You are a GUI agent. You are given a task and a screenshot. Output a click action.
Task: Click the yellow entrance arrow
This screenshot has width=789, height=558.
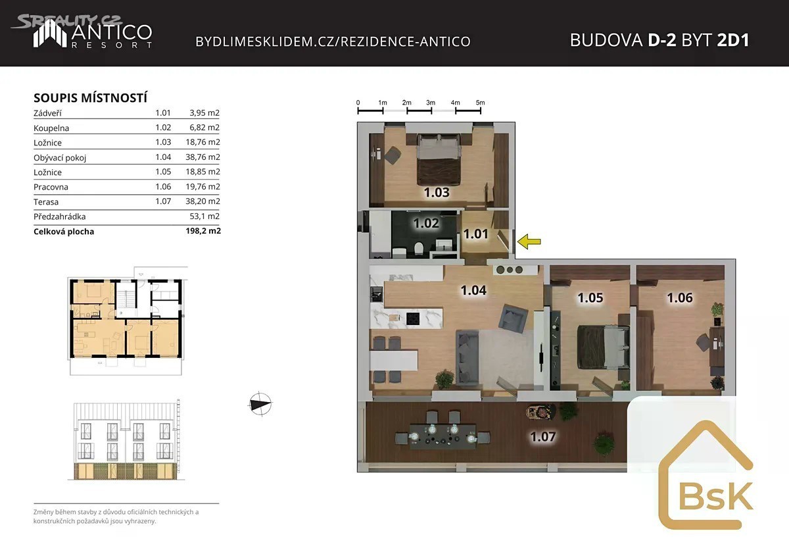click(x=529, y=241)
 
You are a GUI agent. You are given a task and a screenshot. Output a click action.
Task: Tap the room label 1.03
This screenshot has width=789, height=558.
click(x=437, y=192)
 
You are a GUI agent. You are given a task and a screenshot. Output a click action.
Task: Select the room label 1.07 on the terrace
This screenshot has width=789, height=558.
click(x=543, y=437)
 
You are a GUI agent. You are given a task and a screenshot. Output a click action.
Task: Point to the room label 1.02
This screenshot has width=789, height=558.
click(x=426, y=223)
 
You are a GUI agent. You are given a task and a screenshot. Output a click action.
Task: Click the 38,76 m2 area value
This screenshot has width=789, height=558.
click(x=203, y=157)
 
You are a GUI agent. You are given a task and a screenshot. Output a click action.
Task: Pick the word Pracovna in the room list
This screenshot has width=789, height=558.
click(x=51, y=187)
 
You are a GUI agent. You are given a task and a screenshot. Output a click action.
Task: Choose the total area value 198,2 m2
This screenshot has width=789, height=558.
click(x=203, y=231)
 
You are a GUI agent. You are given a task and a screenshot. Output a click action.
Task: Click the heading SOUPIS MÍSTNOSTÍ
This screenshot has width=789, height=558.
click(x=90, y=97)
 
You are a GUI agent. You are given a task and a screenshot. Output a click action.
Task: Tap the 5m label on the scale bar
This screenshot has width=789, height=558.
click(x=480, y=103)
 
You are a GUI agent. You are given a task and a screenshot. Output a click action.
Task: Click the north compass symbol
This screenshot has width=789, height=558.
click(x=260, y=403)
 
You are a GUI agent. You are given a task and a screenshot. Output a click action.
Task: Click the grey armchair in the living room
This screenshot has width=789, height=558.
click(x=514, y=318)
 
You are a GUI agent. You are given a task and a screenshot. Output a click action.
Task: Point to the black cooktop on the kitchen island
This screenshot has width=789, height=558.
click(x=412, y=318)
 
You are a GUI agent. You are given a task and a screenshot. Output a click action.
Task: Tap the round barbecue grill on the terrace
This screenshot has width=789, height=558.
click(x=540, y=412)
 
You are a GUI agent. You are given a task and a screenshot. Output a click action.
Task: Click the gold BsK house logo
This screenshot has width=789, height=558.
click(x=706, y=474)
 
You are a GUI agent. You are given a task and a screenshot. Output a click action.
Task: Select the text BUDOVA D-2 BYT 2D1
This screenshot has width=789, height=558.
click(x=659, y=40)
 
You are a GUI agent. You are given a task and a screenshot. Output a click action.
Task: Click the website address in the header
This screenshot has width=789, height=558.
click(x=333, y=41)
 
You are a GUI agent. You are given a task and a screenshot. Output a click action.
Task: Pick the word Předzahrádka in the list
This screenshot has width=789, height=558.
click(x=60, y=216)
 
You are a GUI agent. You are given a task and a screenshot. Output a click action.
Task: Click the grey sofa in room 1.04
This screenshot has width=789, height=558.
click(x=467, y=357)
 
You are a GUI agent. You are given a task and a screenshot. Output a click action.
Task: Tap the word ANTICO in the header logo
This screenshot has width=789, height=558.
click(x=112, y=32)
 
